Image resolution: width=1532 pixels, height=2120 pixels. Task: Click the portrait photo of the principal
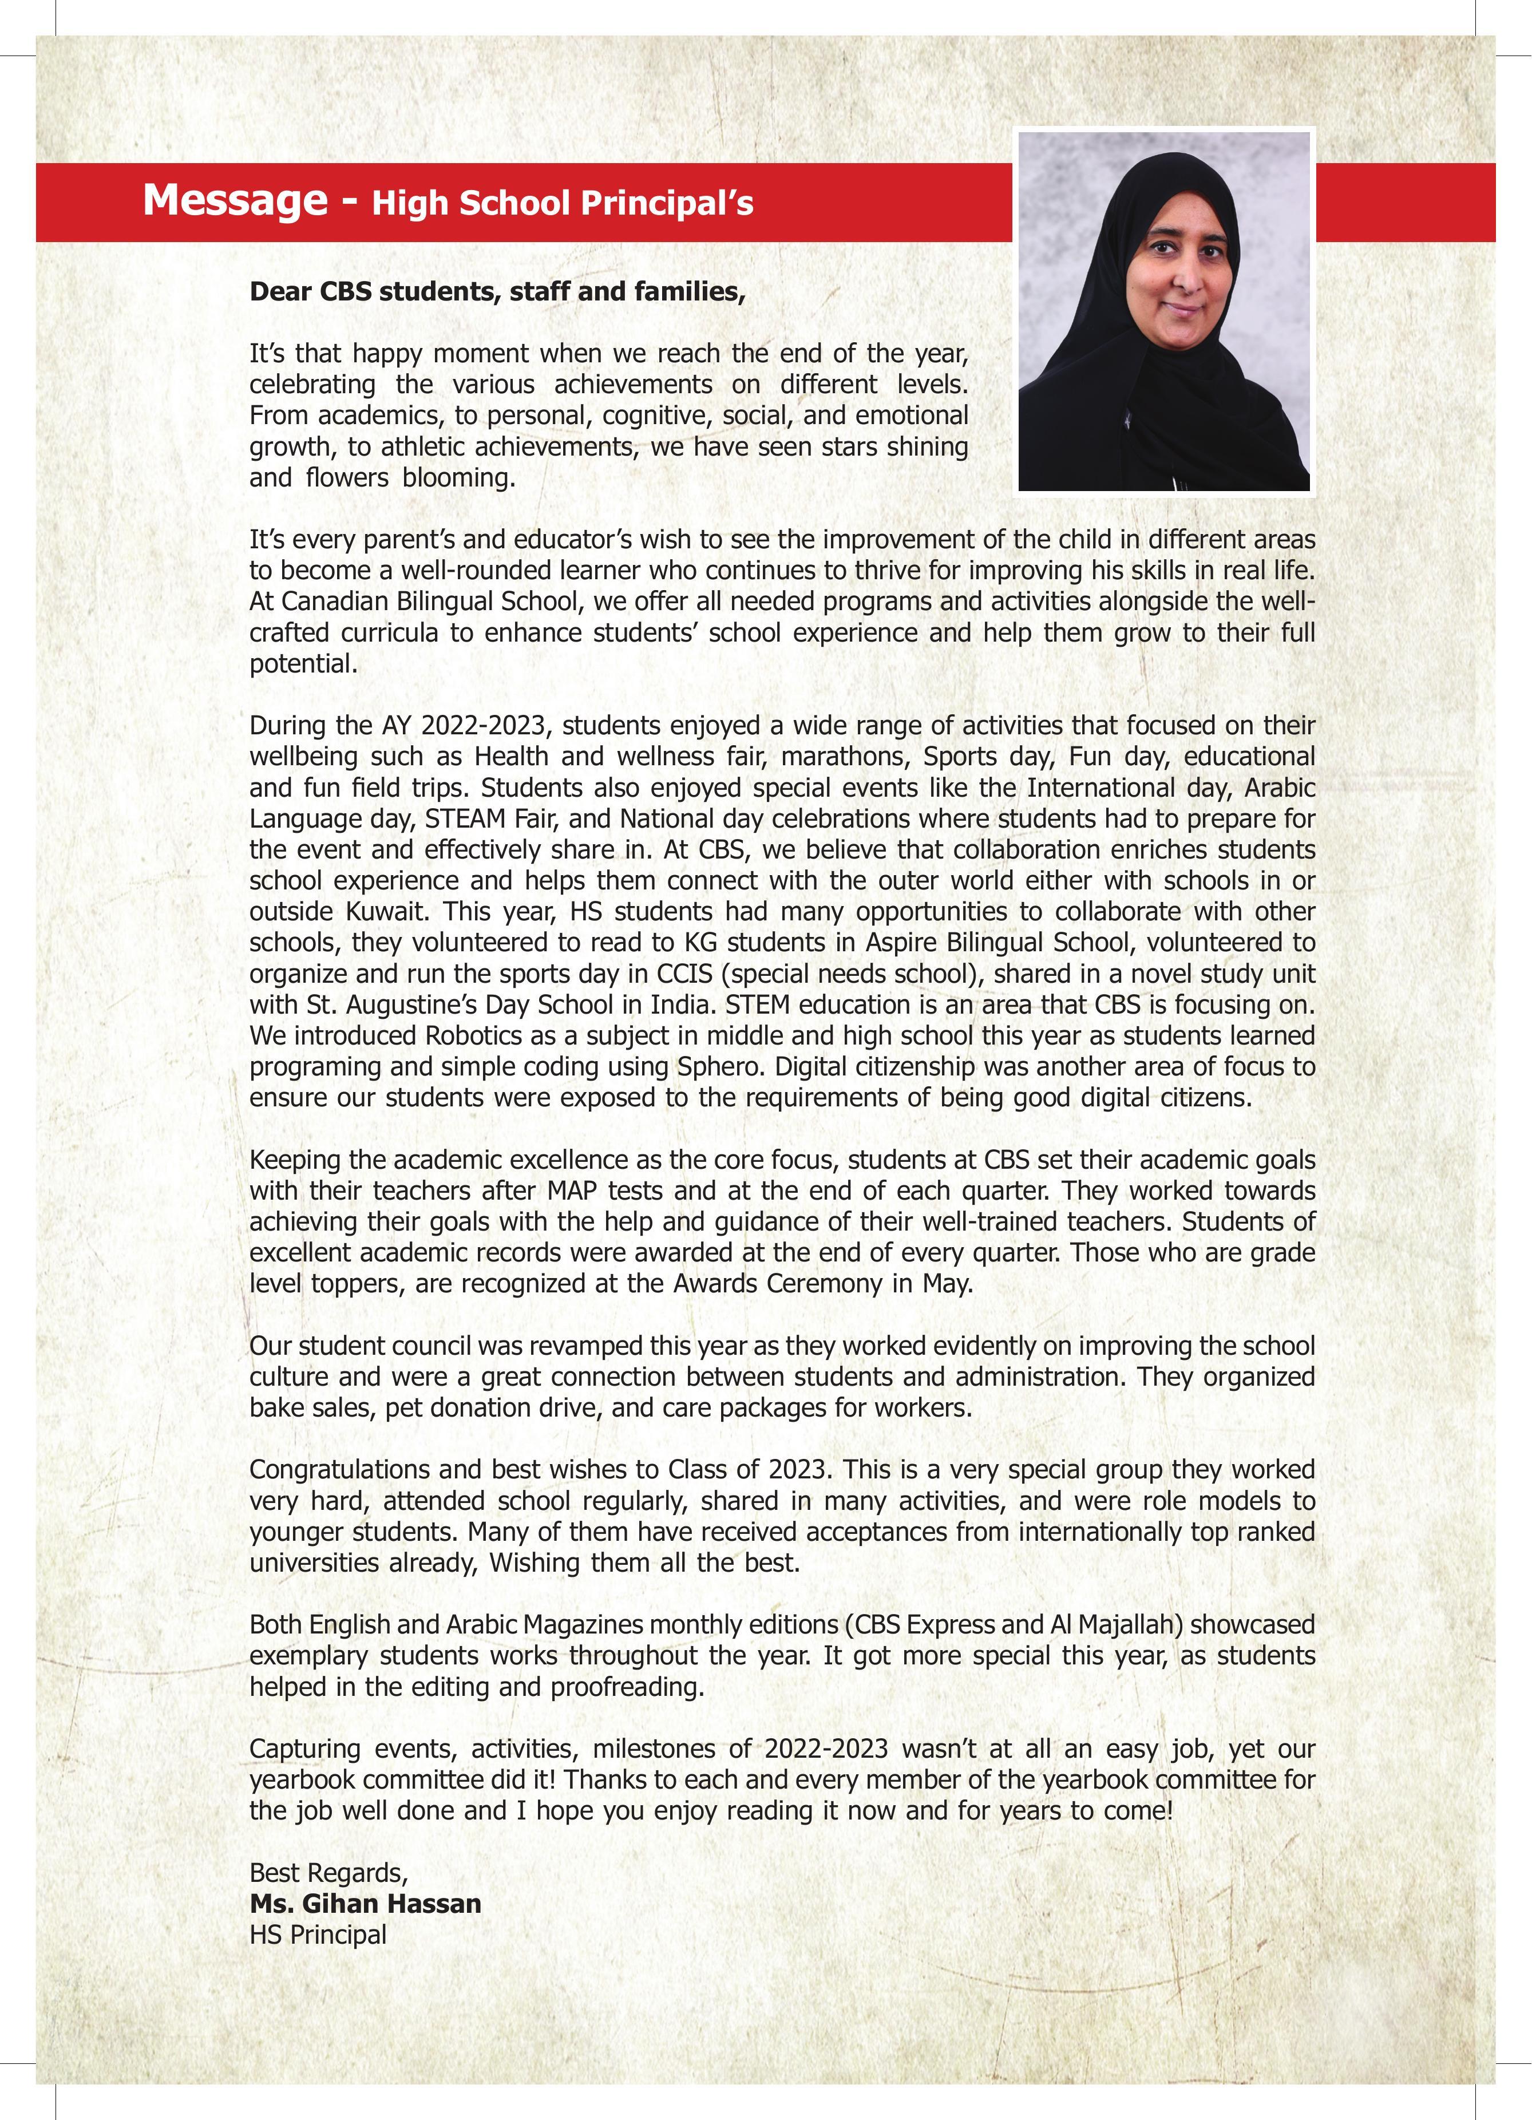1163,311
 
